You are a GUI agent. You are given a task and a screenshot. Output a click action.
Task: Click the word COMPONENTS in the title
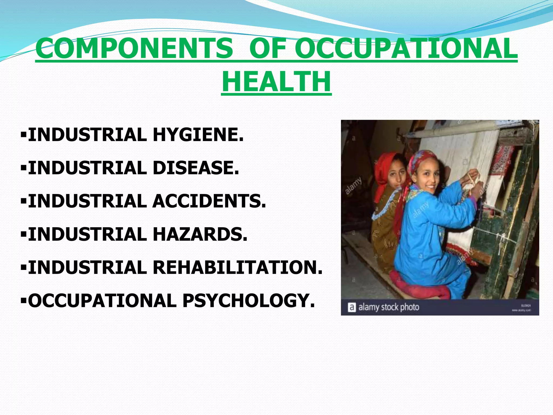(134, 49)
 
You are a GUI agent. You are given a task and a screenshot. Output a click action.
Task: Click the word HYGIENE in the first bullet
(198, 135)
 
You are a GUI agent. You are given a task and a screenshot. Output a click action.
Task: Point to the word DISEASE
(196, 168)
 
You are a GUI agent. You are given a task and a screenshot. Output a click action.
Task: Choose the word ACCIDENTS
(209, 201)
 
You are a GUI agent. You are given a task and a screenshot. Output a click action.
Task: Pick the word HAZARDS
(200, 234)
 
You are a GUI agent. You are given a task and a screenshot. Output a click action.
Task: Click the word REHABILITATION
(238, 267)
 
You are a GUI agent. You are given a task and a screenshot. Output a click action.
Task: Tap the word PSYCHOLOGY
(248, 300)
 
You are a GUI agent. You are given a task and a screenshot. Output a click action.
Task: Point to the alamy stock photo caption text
(389, 307)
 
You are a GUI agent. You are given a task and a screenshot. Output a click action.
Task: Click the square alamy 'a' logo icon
(352, 307)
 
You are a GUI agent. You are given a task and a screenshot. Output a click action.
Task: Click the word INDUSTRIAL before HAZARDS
(87, 234)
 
